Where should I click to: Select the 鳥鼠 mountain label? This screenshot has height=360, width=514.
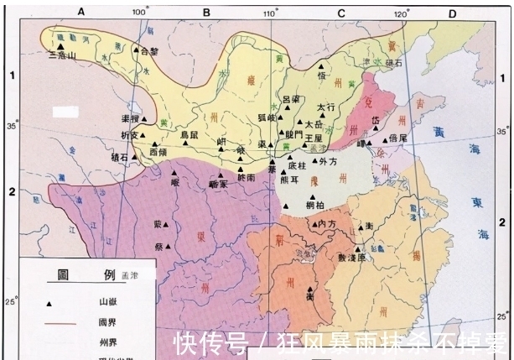pos(191,134)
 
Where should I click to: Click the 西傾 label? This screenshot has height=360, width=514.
pos(158,152)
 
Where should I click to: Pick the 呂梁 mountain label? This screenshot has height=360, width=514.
pos(291,100)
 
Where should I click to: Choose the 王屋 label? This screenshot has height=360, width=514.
pos(314,136)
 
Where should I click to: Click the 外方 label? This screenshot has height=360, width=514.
pos(328,161)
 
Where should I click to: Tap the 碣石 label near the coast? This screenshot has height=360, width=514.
pos(394,62)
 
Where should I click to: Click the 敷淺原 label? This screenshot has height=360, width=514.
pos(352,258)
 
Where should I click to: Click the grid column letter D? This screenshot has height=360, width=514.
pos(451,12)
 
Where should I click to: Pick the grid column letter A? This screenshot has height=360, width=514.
pos(81,11)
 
